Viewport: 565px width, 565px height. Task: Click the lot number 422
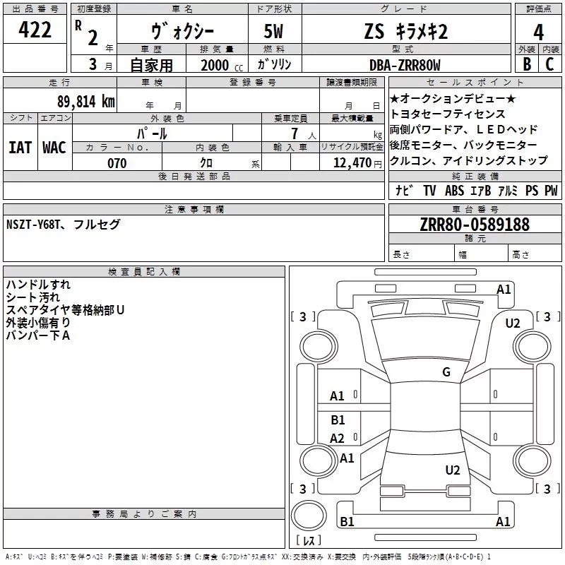tap(35, 31)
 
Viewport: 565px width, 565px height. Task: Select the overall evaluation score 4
tap(539, 32)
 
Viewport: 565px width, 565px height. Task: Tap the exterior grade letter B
tap(526, 64)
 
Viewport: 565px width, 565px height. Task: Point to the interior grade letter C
tap(550, 64)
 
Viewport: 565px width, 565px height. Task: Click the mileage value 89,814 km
tap(85, 101)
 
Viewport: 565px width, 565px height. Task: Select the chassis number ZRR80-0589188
tap(475, 225)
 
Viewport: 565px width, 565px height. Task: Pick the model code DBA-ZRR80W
tap(405, 65)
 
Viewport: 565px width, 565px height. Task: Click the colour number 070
tap(117, 163)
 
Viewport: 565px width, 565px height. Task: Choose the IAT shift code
tap(20, 147)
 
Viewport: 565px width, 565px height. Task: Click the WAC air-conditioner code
tap(54, 147)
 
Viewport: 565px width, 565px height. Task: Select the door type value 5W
tap(275, 32)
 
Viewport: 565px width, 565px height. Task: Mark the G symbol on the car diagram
tap(446, 372)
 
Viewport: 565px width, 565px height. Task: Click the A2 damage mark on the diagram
tap(338, 438)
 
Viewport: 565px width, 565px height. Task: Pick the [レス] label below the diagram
tap(309, 542)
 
